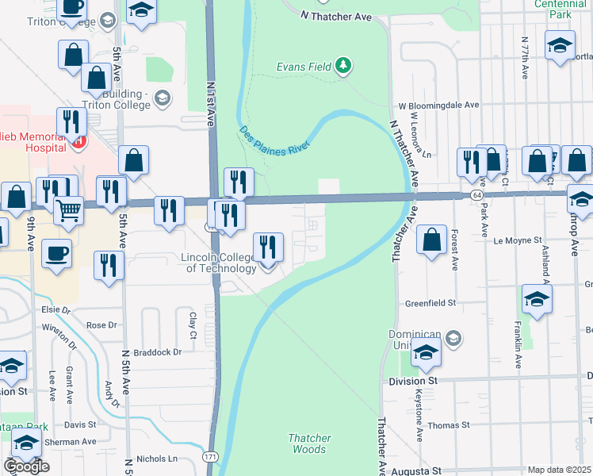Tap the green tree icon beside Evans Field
tap(342, 65)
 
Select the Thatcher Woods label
tap(309, 443)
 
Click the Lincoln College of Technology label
tap(219, 263)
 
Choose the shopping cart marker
tap(69, 210)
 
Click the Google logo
tap(26, 466)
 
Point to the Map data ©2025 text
tap(560, 470)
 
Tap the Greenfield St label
tap(430, 302)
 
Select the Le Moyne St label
tap(516, 239)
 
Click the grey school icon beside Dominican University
tap(452, 340)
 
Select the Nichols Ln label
tap(157, 459)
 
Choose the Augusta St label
tap(416, 470)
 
